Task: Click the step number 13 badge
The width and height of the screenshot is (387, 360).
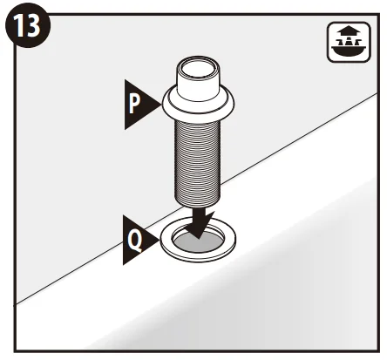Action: tap(28, 25)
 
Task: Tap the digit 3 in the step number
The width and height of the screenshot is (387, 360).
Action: tap(33, 25)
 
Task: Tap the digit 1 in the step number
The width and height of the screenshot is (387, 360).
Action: tap(20, 25)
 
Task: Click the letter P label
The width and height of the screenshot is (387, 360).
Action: tap(134, 105)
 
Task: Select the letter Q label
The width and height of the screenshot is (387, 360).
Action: tap(135, 241)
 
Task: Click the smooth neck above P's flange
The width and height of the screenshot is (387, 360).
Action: tap(199, 80)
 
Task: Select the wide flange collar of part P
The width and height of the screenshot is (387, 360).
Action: tap(199, 105)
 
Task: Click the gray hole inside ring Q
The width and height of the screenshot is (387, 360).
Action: tap(198, 241)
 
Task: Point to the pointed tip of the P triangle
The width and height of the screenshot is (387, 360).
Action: tap(160, 105)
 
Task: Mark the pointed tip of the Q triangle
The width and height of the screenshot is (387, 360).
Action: tap(160, 240)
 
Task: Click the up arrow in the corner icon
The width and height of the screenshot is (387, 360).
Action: tap(349, 30)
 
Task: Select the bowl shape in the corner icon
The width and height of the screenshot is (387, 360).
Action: tap(349, 52)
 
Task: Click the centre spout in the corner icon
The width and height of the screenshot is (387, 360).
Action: tap(349, 42)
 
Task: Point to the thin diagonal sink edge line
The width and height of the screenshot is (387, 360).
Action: tap(197, 199)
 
